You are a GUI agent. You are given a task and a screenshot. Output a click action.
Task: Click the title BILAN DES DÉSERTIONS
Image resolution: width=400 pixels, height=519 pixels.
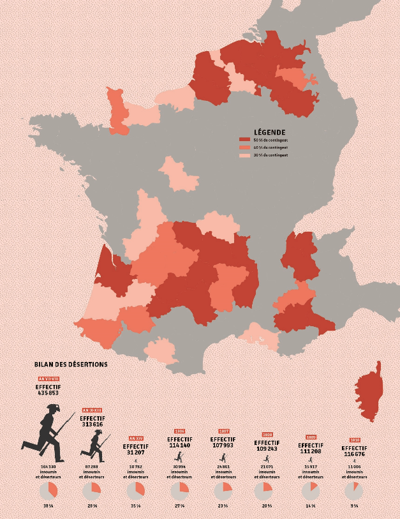pyautogui.click(x=71, y=365)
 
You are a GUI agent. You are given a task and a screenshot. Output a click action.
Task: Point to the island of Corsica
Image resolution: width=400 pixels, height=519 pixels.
pyautogui.click(x=369, y=389)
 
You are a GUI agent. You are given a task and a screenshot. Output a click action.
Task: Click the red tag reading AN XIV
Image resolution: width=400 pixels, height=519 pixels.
pyautogui.click(x=135, y=439)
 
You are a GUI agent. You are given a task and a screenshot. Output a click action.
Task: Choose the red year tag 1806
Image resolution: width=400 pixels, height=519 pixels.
pyautogui.click(x=179, y=432)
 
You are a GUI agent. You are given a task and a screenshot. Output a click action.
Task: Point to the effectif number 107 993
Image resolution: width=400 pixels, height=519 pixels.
pyautogui.click(x=223, y=445)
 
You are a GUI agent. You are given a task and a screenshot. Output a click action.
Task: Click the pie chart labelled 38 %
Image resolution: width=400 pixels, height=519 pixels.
pyautogui.click(x=48, y=491)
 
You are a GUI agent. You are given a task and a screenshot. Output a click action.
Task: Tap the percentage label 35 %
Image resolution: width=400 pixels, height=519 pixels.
pyautogui.click(x=135, y=506)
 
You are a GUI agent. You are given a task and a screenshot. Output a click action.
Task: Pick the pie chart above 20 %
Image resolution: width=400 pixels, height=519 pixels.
pyautogui.click(x=263, y=491)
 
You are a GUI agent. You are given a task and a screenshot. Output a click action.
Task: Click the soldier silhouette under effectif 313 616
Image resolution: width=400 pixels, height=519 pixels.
pyautogui.click(x=94, y=444)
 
